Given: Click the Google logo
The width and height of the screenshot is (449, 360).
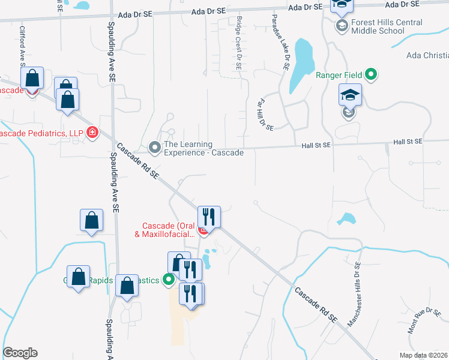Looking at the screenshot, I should coord(20,353).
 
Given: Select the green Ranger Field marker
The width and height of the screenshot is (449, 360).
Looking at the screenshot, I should coord(372,75).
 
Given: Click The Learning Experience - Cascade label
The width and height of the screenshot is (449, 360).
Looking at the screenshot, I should coord(203,148).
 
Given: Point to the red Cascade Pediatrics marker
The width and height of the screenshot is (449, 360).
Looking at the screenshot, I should coord(92,132).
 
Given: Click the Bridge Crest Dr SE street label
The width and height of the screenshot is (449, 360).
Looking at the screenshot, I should coord(238,43).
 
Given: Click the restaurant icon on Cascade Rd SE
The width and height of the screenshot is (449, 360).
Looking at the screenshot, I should coord(209,217).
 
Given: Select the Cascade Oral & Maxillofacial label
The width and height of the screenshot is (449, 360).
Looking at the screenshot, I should coord(165,229).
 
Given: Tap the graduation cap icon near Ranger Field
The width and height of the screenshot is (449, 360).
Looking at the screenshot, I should coord(351,96).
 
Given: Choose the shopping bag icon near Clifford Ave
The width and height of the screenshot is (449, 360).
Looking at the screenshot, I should coord(32,79).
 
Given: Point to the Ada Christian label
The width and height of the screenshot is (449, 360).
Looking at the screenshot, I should coord(427,56).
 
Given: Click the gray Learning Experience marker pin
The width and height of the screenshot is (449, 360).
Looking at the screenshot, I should coord(154,146).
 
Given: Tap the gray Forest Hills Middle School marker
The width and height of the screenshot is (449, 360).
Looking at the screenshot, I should coord(342,26).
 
